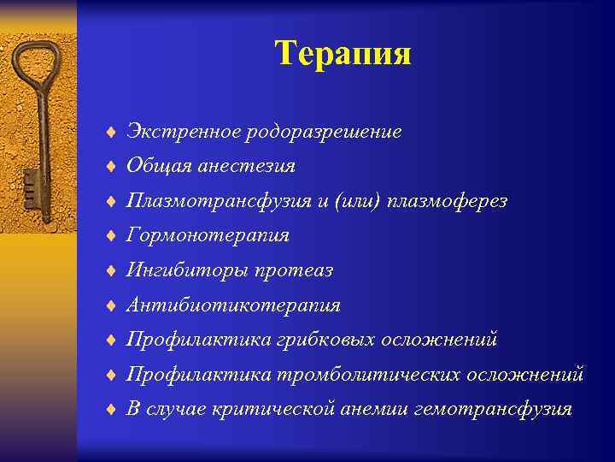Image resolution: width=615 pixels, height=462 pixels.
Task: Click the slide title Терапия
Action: click(343, 53)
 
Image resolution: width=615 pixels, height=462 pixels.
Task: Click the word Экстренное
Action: click(184, 132)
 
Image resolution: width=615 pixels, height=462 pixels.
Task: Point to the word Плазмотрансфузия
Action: click(208, 201)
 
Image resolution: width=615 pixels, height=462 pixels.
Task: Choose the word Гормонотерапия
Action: click(208, 235)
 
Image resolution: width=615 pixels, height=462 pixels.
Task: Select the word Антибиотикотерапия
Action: click(233, 305)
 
